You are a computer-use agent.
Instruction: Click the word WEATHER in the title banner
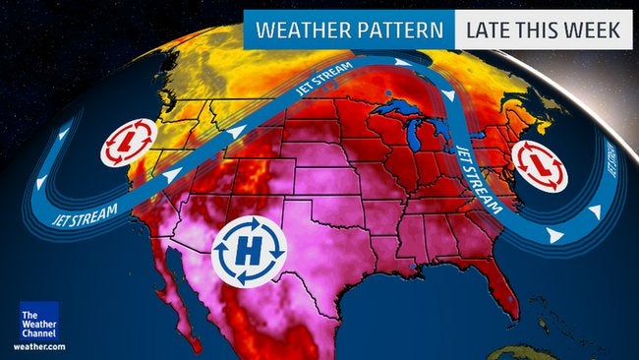coord(299,30)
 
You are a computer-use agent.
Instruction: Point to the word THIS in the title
coord(544,30)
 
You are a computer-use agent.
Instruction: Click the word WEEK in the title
coord(598,30)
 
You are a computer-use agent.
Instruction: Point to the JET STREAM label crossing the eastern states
coord(479,180)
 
